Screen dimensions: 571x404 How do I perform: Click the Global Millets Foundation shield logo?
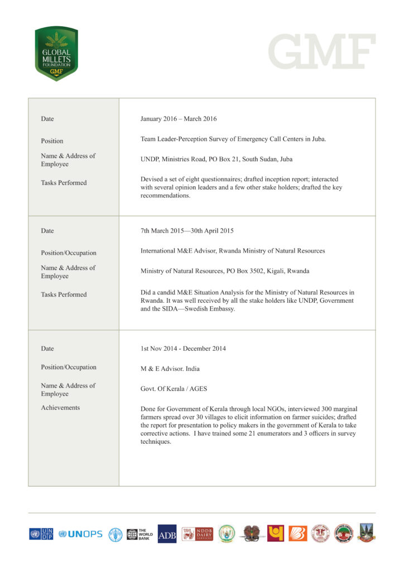pos(56,54)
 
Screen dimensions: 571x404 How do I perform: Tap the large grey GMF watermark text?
pos(322,52)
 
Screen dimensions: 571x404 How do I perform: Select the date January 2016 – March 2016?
pos(179,119)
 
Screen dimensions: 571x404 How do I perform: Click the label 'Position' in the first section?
pos(52,141)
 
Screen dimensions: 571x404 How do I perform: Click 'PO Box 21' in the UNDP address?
pos(223,159)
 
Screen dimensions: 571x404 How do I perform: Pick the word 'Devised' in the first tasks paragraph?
pos(152,179)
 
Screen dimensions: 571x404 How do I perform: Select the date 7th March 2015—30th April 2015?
pos(187,231)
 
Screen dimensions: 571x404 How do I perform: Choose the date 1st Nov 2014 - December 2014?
pos(183,349)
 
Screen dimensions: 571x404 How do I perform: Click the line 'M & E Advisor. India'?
pos(170,369)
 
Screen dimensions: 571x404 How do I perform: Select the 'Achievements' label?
pos(60,408)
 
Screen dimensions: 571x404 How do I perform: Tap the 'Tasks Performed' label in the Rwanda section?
pos(64,294)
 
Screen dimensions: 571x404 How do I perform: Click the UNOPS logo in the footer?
pos(80,534)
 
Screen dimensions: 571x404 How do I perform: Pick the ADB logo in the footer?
pos(167,534)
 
